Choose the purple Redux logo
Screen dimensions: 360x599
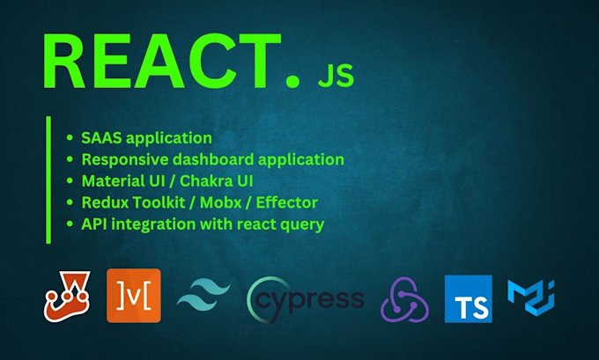(x=405, y=298)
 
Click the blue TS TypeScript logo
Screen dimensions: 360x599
(x=469, y=298)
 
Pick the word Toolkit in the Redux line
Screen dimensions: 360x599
(x=160, y=202)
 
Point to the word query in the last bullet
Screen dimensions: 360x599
(x=301, y=224)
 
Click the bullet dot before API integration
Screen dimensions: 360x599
(x=70, y=224)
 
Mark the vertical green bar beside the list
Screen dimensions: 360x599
(x=48, y=180)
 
